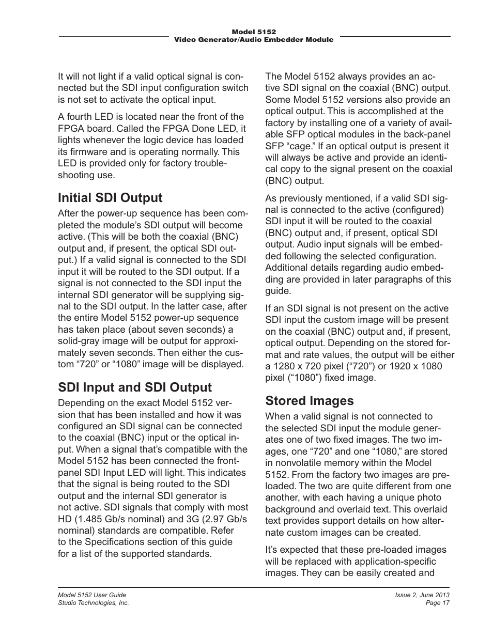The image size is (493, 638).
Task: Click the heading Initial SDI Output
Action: (x=110, y=198)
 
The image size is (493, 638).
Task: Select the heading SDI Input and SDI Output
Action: (x=135, y=387)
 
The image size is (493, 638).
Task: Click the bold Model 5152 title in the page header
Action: (x=254, y=32)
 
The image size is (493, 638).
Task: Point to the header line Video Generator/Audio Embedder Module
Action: (x=254, y=40)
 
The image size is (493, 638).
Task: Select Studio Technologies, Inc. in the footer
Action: (x=93, y=603)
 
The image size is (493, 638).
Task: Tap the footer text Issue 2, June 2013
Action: (x=422, y=595)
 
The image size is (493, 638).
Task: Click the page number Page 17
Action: (x=437, y=603)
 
